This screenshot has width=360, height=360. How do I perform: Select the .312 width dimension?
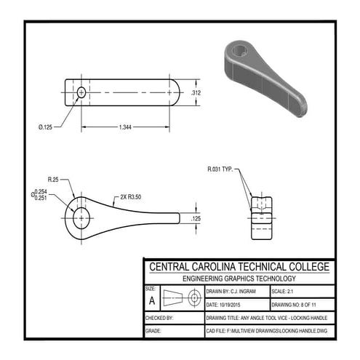(196, 93)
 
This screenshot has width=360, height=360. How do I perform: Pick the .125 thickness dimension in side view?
(196, 218)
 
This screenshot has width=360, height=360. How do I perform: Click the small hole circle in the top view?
(81, 92)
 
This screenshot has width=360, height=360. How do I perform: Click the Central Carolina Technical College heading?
(239, 267)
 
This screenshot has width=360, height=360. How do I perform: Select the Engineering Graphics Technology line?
(239, 279)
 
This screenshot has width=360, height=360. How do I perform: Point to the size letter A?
(151, 299)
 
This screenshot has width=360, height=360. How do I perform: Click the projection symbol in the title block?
(183, 297)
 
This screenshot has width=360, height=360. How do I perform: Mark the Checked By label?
(159, 318)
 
